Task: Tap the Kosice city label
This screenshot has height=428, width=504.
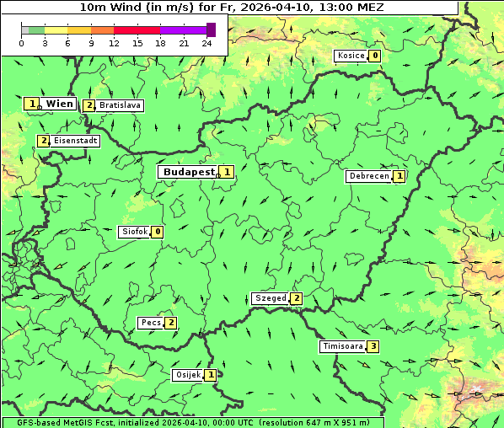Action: [x=351, y=56]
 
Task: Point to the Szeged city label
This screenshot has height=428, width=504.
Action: [x=270, y=298]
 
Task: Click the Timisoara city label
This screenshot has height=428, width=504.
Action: [x=342, y=346]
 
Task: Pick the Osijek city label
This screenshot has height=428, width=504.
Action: [x=187, y=374]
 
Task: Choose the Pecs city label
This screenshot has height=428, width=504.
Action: [x=151, y=323]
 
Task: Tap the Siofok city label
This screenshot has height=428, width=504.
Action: [x=134, y=232]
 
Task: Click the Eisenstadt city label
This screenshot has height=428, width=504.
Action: [x=75, y=141]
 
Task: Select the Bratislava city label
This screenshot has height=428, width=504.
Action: [x=119, y=105]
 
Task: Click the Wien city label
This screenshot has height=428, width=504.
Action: [x=59, y=104]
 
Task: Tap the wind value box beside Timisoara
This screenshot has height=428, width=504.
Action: [x=373, y=346]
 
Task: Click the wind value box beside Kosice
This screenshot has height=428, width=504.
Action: [x=374, y=56]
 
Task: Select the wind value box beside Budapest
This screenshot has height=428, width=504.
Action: [x=226, y=172]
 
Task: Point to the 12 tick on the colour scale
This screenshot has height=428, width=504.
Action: [x=114, y=43]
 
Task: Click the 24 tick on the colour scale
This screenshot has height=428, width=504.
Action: [x=206, y=43]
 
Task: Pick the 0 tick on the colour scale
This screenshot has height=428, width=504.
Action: [x=21, y=43]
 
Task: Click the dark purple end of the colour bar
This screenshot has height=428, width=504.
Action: [x=211, y=30]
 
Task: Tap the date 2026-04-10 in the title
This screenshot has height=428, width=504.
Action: [x=280, y=7]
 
